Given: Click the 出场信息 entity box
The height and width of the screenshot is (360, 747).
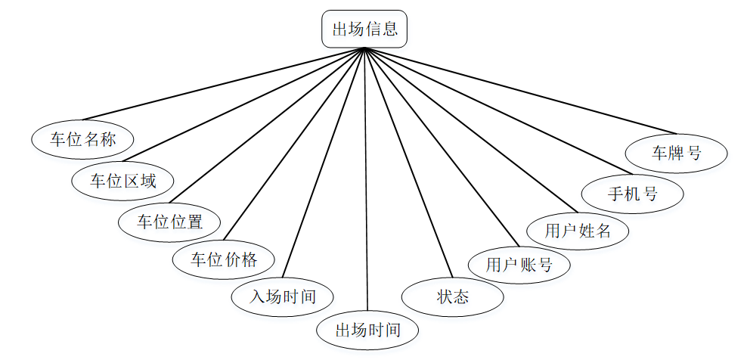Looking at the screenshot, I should pyautogui.click(x=365, y=29).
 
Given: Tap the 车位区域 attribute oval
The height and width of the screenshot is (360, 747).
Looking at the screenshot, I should pyautogui.click(x=122, y=180).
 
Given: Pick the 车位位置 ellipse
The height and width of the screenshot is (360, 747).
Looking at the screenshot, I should pyautogui.click(x=169, y=222).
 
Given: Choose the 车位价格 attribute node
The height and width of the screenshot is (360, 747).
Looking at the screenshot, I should pyautogui.click(x=224, y=260).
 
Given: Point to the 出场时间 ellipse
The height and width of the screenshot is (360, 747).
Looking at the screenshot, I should pyautogui.click(x=367, y=330).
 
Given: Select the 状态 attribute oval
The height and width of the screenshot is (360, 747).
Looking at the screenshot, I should pyautogui.click(x=452, y=296).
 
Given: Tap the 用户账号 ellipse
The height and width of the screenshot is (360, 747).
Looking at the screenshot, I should pyautogui.click(x=519, y=264).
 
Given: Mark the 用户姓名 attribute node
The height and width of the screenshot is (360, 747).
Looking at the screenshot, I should pyautogui.click(x=578, y=230).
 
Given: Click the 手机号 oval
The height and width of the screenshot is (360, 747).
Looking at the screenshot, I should pyautogui.click(x=633, y=194).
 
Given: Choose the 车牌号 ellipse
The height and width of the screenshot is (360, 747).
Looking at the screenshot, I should pyautogui.click(x=677, y=153).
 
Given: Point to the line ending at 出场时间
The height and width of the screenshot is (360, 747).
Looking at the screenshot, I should pyautogui.click(x=366, y=182).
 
